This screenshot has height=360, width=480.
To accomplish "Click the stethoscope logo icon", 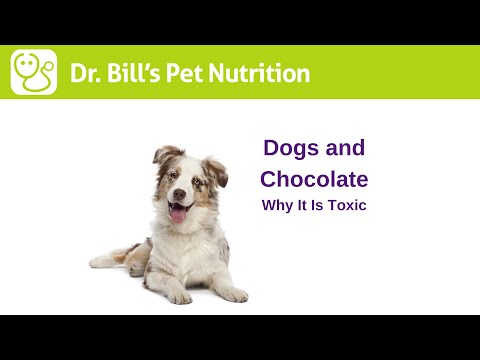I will tap(34, 72).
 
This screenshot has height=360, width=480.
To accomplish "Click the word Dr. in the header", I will tap(87, 73).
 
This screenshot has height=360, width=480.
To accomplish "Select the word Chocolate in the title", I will tap(314, 179).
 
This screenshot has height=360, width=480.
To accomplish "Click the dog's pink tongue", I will tap(178, 213).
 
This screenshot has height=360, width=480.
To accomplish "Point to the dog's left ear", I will tap(215, 168).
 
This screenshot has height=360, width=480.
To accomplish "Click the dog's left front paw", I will tap(232, 295).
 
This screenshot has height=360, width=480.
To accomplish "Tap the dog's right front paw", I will tap(179, 297).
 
